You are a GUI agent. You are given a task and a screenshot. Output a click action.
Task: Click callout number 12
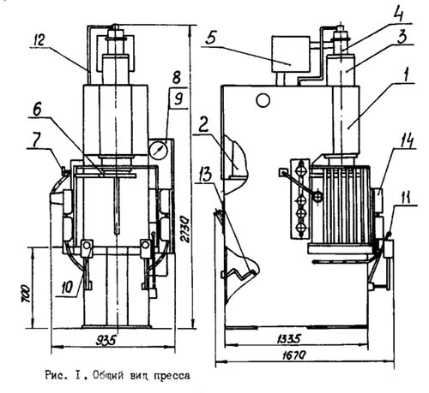pyautogui.click(x=39, y=40)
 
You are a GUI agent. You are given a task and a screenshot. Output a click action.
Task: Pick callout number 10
pyautogui.click(x=67, y=288)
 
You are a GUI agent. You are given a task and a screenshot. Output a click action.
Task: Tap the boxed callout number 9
pyautogui.click(x=178, y=99)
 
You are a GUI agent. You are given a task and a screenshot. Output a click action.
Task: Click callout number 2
pyautogui.click(x=203, y=125)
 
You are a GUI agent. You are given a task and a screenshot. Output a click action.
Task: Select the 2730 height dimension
pyautogui.click(x=185, y=229)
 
